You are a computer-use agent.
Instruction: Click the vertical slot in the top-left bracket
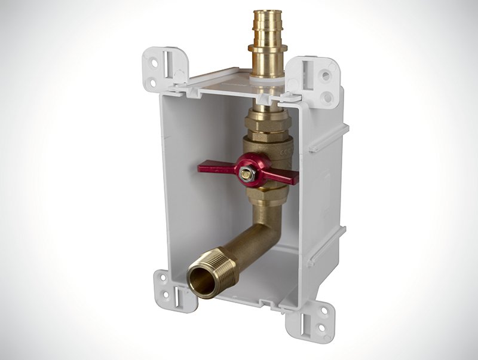(173, 65)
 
